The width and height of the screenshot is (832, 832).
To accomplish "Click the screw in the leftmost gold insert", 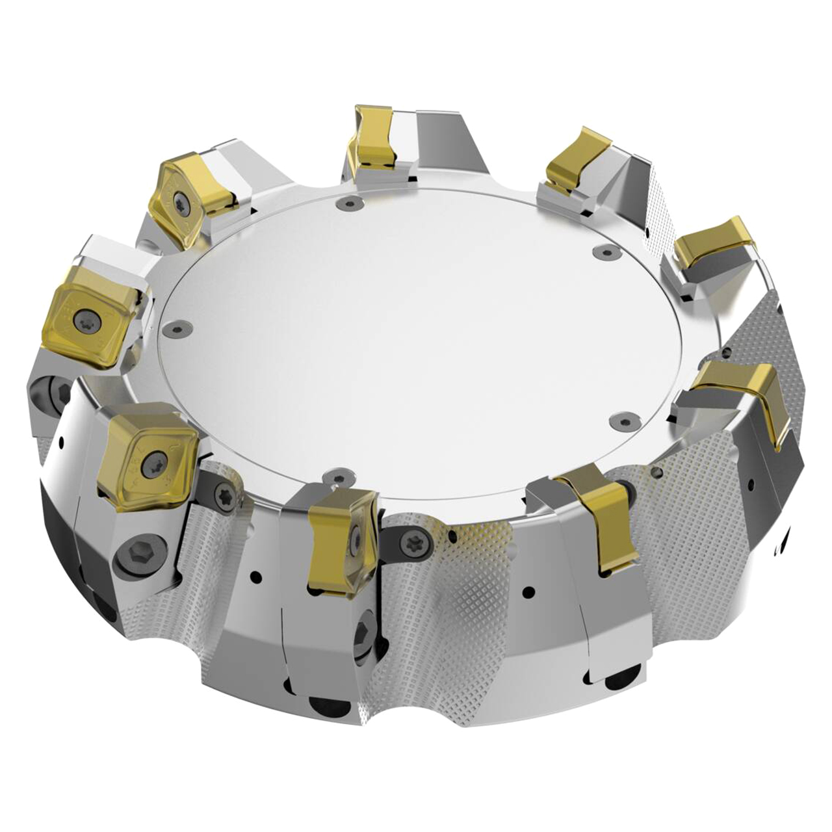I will [85, 320].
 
